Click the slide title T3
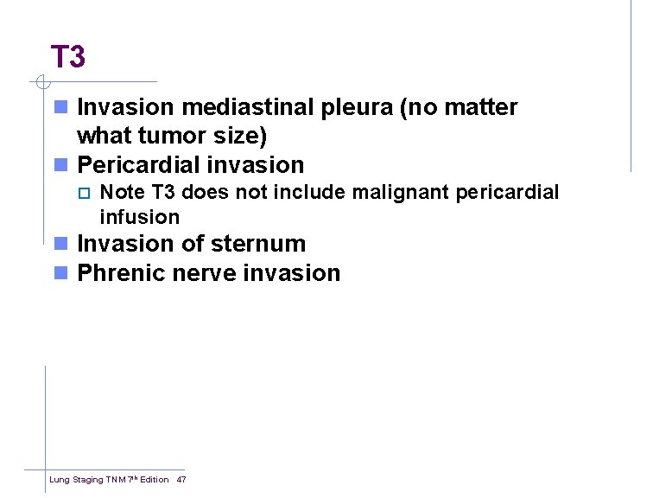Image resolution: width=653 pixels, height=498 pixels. coord(67,57)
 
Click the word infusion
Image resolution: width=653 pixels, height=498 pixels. coord(139,216)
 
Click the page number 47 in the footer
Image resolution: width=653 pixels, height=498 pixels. coord(181,479)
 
